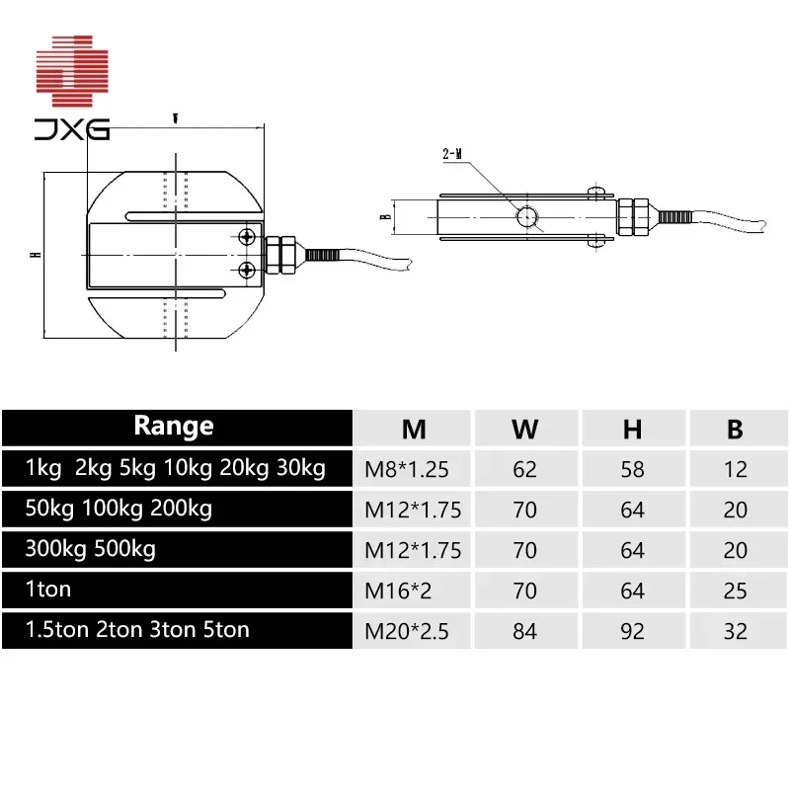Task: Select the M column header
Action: coord(414,429)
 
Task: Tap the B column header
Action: coord(735,429)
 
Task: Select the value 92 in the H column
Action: coord(632,630)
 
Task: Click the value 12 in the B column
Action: coord(735,469)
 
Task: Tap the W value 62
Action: coord(525,469)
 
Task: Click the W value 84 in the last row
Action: coord(525,630)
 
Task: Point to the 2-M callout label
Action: coord(452,154)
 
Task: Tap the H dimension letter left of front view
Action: coord(34,255)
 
